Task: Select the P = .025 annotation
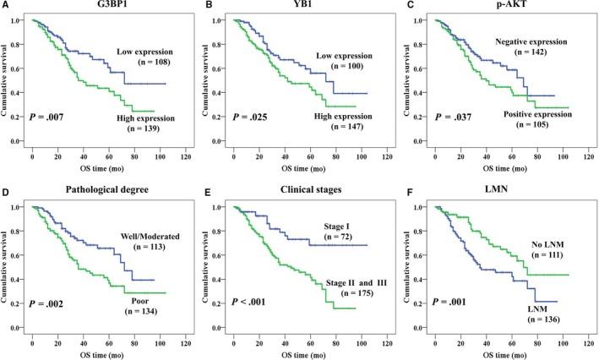pyautogui.click(x=252, y=114)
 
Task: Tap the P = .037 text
pyautogui.click(x=452, y=114)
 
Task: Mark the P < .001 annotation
pyautogui.click(x=252, y=302)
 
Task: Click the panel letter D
pyautogui.click(x=6, y=193)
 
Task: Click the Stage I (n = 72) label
pyautogui.click(x=340, y=232)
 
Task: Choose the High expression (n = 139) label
pyautogui.click(x=153, y=126)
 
